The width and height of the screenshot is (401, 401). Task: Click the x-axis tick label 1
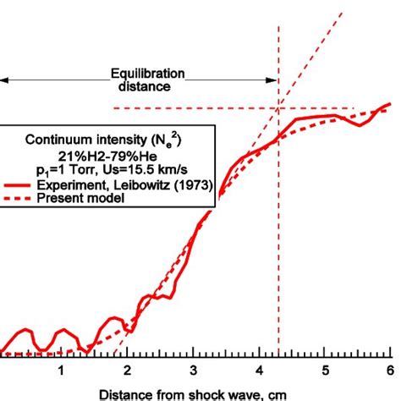[61, 371]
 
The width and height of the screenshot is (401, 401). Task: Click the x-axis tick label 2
[127, 371]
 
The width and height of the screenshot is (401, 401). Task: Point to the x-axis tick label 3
[193, 371]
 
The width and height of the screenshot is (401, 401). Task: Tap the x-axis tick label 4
[258, 371]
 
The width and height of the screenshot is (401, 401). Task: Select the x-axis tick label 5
[324, 371]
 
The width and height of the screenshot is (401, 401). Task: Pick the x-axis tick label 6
[389, 371]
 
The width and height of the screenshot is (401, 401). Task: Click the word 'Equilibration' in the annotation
[146, 74]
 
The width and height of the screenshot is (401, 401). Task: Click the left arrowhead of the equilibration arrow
[4, 80]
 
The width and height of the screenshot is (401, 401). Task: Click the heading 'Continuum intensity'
[80, 141]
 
